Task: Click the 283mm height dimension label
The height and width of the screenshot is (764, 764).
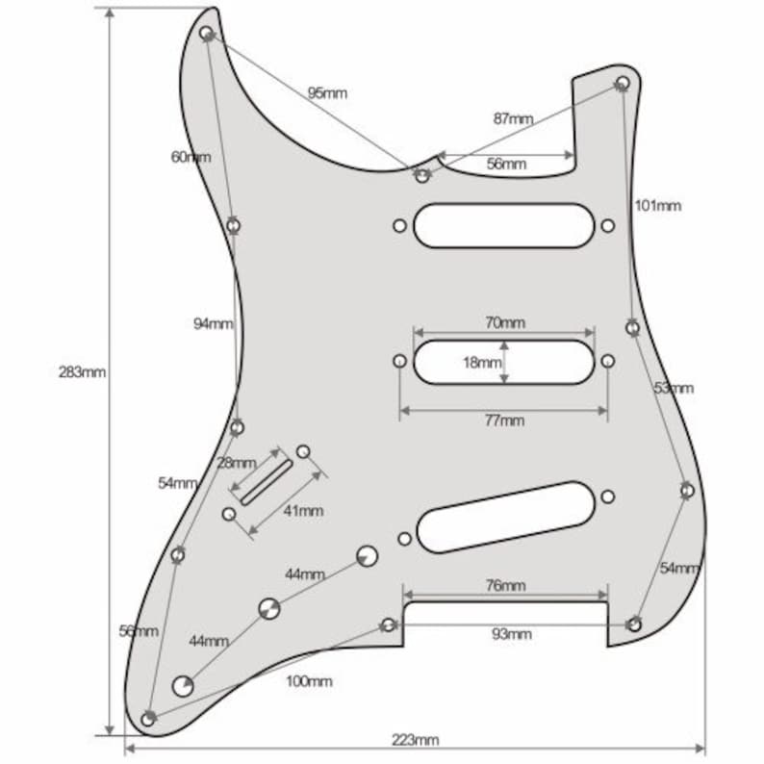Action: (x=82, y=372)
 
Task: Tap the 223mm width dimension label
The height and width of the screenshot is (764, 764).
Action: (x=415, y=740)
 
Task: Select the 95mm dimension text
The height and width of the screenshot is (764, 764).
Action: (x=327, y=92)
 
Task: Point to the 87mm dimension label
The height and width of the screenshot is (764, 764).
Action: (x=513, y=118)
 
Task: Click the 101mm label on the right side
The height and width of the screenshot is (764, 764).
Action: (x=658, y=206)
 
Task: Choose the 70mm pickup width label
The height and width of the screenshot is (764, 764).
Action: (x=505, y=322)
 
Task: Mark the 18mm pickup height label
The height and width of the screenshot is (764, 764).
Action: (x=482, y=363)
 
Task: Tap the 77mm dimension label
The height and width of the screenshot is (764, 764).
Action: (x=505, y=420)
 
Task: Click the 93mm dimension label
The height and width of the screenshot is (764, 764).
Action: (x=512, y=634)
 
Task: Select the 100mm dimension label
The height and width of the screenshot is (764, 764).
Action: (x=310, y=681)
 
